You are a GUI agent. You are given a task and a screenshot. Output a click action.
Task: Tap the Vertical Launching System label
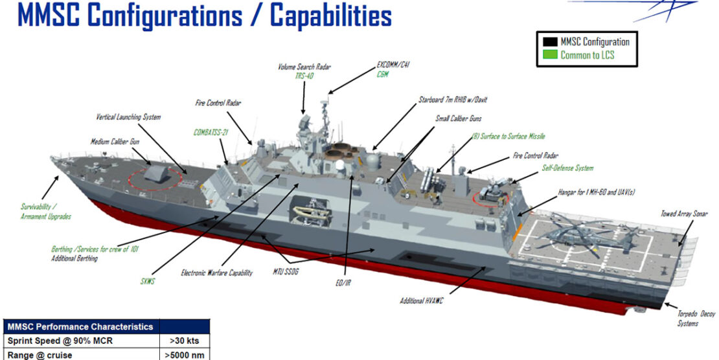click(x=128, y=117)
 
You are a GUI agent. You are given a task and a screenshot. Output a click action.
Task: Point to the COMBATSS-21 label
click(x=212, y=132)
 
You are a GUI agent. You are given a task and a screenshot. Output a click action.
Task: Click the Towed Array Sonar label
click(x=684, y=213)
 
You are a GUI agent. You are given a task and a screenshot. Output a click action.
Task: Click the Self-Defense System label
click(x=567, y=168)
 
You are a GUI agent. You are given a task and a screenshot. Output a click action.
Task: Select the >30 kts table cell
click(x=184, y=341)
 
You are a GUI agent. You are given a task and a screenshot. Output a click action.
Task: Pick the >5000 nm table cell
click(x=184, y=355)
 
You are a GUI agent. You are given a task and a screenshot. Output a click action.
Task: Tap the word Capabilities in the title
click(x=331, y=16)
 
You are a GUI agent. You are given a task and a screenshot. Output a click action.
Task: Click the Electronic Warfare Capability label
click(x=216, y=273)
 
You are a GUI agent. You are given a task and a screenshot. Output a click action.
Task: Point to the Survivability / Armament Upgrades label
click(x=45, y=212)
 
